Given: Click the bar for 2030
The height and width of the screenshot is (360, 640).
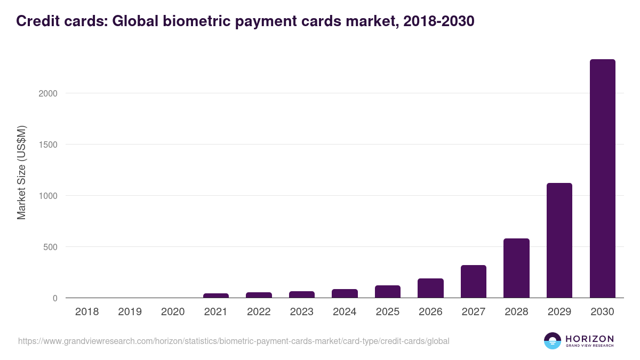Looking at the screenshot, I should pyautogui.click(x=602, y=179).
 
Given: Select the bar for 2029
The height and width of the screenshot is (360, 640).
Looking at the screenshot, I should pyautogui.click(x=559, y=241).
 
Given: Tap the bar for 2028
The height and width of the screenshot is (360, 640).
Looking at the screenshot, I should pyautogui.click(x=516, y=268).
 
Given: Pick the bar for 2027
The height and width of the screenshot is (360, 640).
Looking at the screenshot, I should pyautogui.click(x=474, y=282).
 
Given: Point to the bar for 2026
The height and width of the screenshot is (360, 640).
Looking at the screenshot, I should pyautogui.click(x=430, y=288).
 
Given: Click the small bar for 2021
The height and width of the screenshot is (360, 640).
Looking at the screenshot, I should pyautogui.click(x=216, y=295).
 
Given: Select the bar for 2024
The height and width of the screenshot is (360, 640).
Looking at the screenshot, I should pyautogui.click(x=345, y=293).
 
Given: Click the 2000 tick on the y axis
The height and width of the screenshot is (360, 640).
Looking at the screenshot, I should pyautogui.click(x=47, y=93).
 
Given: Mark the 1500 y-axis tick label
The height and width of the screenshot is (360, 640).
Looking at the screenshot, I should pyautogui.click(x=47, y=145).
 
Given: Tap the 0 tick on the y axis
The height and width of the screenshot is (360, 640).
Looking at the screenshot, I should pyautogui.click(x=54, y=298).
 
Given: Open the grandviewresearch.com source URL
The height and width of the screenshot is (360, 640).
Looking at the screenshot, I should pyautogui.click(x=234, y=341).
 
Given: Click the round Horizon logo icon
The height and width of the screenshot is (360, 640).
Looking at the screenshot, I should pyautogui.click(x=553, y=341).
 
